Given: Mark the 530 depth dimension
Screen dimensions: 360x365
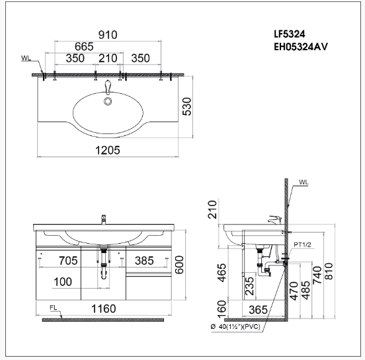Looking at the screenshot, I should pos(186,107).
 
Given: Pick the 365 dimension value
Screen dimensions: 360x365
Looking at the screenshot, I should pos(258,308).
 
